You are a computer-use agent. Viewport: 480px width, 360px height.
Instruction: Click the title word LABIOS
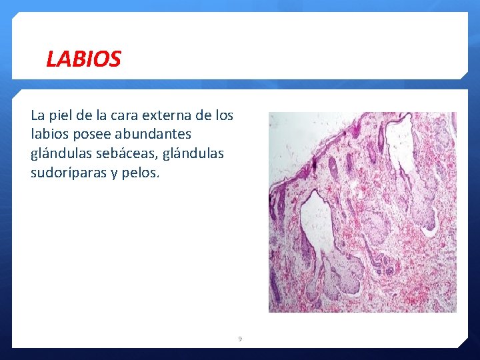(x=83, y=59)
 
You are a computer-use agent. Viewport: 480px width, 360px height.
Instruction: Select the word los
(x=225, y=115)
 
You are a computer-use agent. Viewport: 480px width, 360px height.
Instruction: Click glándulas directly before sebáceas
(x=61, y=154)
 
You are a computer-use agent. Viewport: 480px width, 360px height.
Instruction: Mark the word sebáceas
(x=125, y=154)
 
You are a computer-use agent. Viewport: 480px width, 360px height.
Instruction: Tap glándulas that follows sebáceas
(x=192, y=154)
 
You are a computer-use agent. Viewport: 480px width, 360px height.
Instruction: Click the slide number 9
(x=240, y=339)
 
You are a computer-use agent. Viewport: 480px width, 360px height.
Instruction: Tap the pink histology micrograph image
(x=362, y=212)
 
